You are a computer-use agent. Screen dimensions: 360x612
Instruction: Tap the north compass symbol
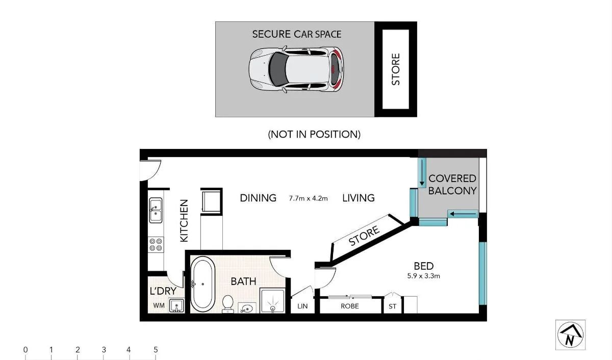[570, 335]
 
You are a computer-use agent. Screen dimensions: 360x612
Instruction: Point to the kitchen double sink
[155, 210]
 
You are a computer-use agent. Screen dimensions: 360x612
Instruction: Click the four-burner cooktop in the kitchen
[156, 244]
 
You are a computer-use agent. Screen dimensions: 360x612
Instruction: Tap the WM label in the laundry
[159, 306]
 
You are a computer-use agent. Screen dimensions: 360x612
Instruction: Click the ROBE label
[350, 306]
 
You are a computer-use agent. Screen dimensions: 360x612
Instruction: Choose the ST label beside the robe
[392, 306]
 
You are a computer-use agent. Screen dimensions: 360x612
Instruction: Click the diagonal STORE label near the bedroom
[364, 237]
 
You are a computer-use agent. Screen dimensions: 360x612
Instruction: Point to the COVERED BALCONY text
[452, 184]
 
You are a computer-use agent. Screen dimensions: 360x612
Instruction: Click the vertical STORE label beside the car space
[396, 69]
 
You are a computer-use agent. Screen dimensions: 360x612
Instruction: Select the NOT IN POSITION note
[314, 134]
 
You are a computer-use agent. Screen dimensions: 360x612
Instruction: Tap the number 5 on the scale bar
[156, 350]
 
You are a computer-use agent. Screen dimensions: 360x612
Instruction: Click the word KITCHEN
[184, 220]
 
